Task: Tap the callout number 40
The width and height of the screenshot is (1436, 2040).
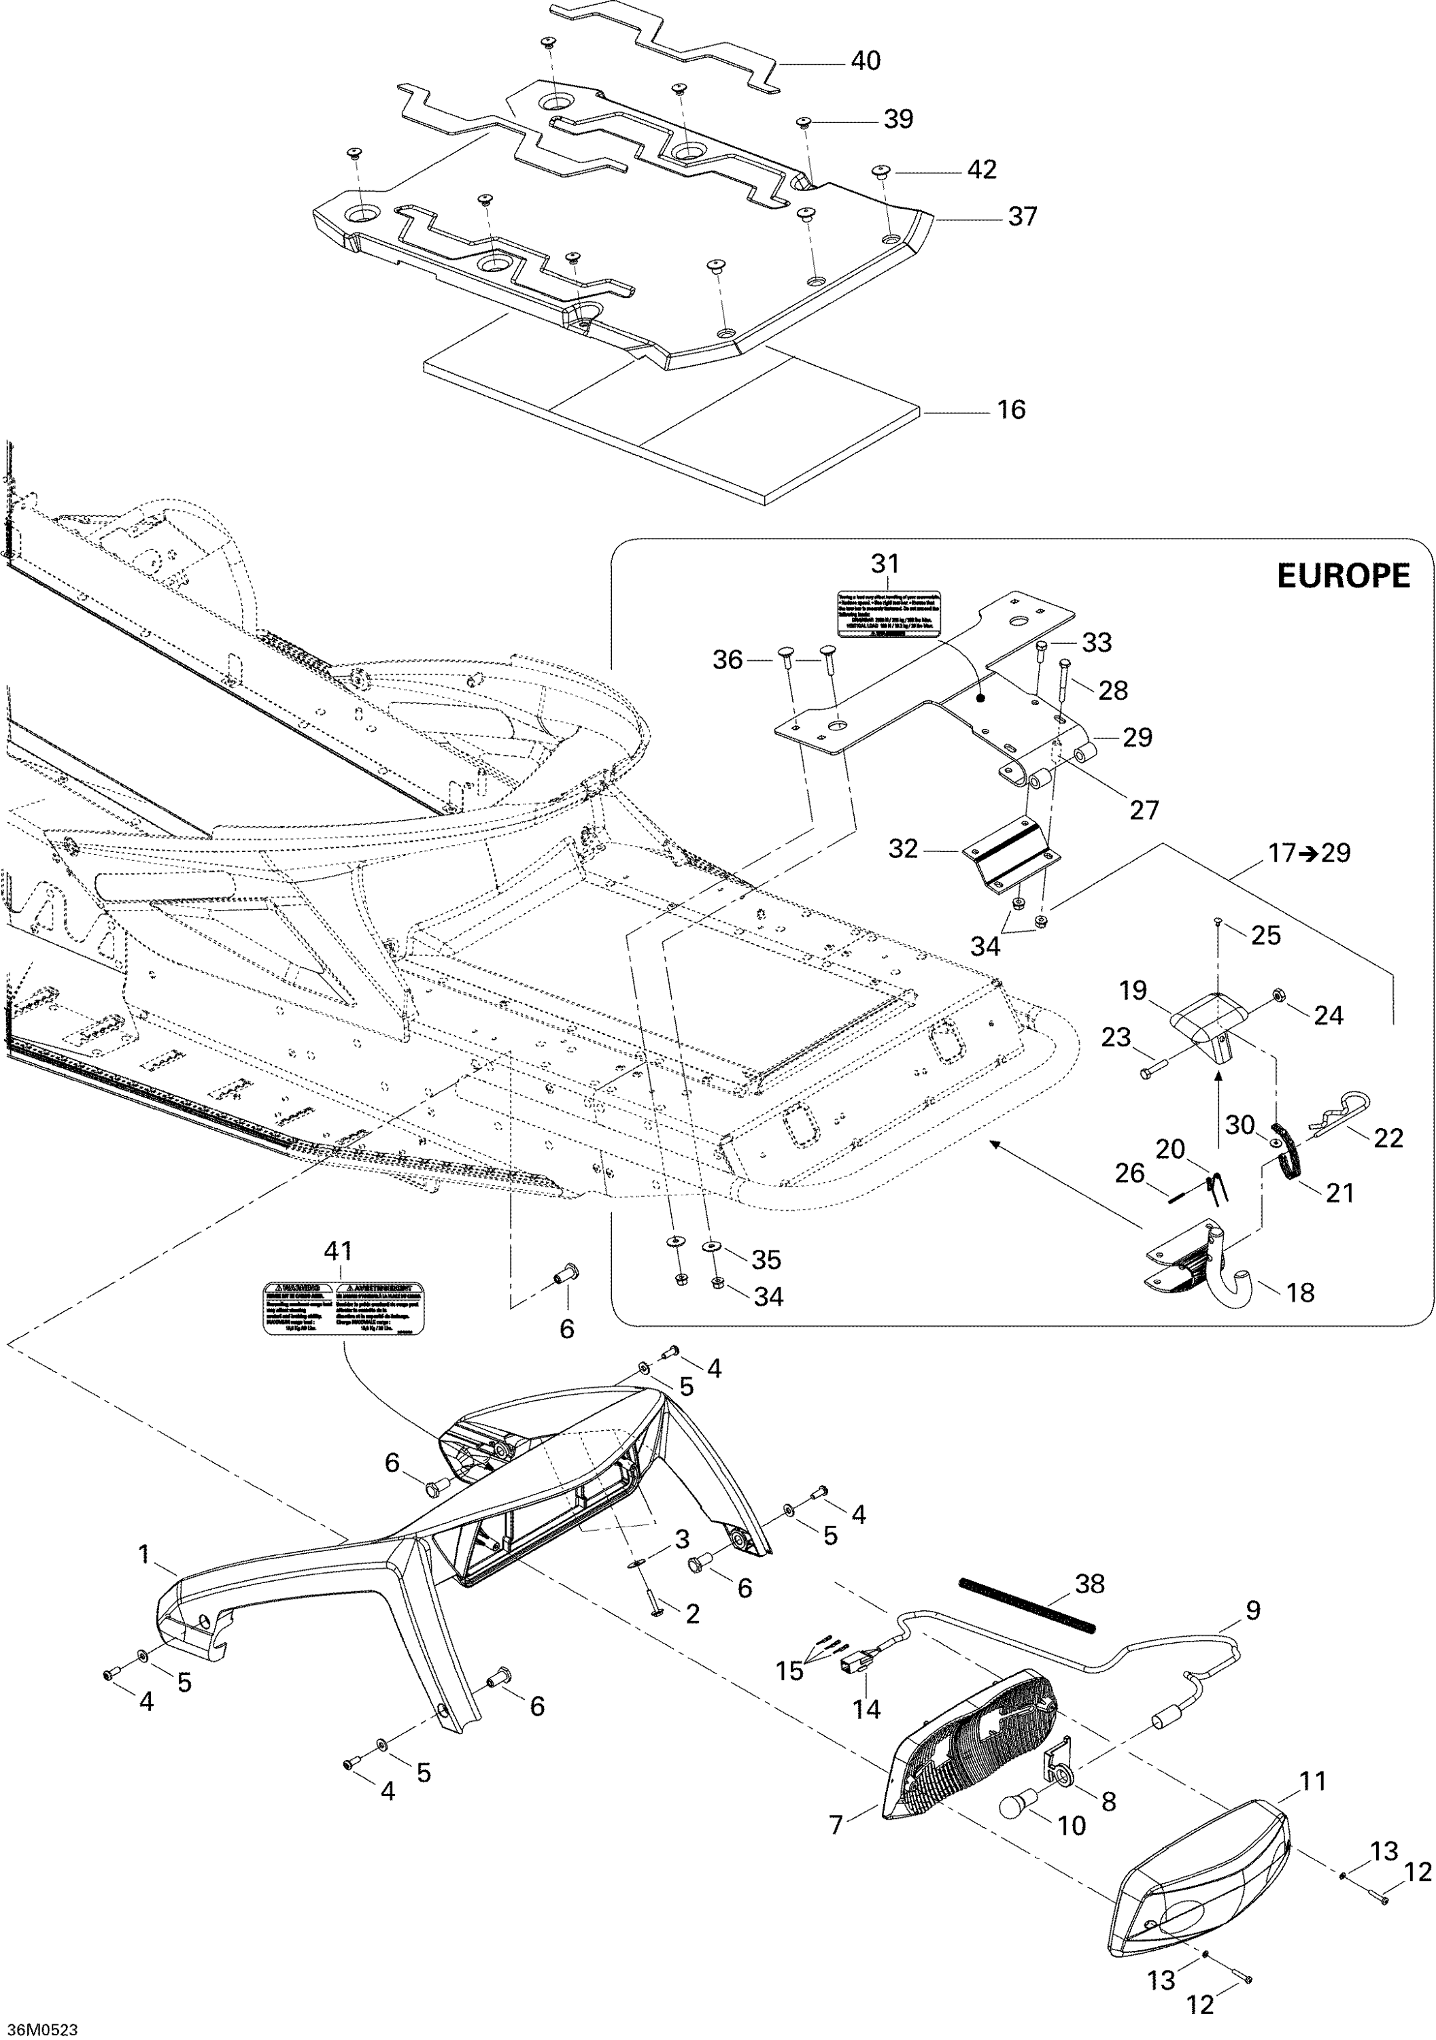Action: [865, 61]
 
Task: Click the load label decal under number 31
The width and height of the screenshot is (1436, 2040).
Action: [887, 614]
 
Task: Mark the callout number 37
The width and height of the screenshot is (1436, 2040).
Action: [1022, 217]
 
